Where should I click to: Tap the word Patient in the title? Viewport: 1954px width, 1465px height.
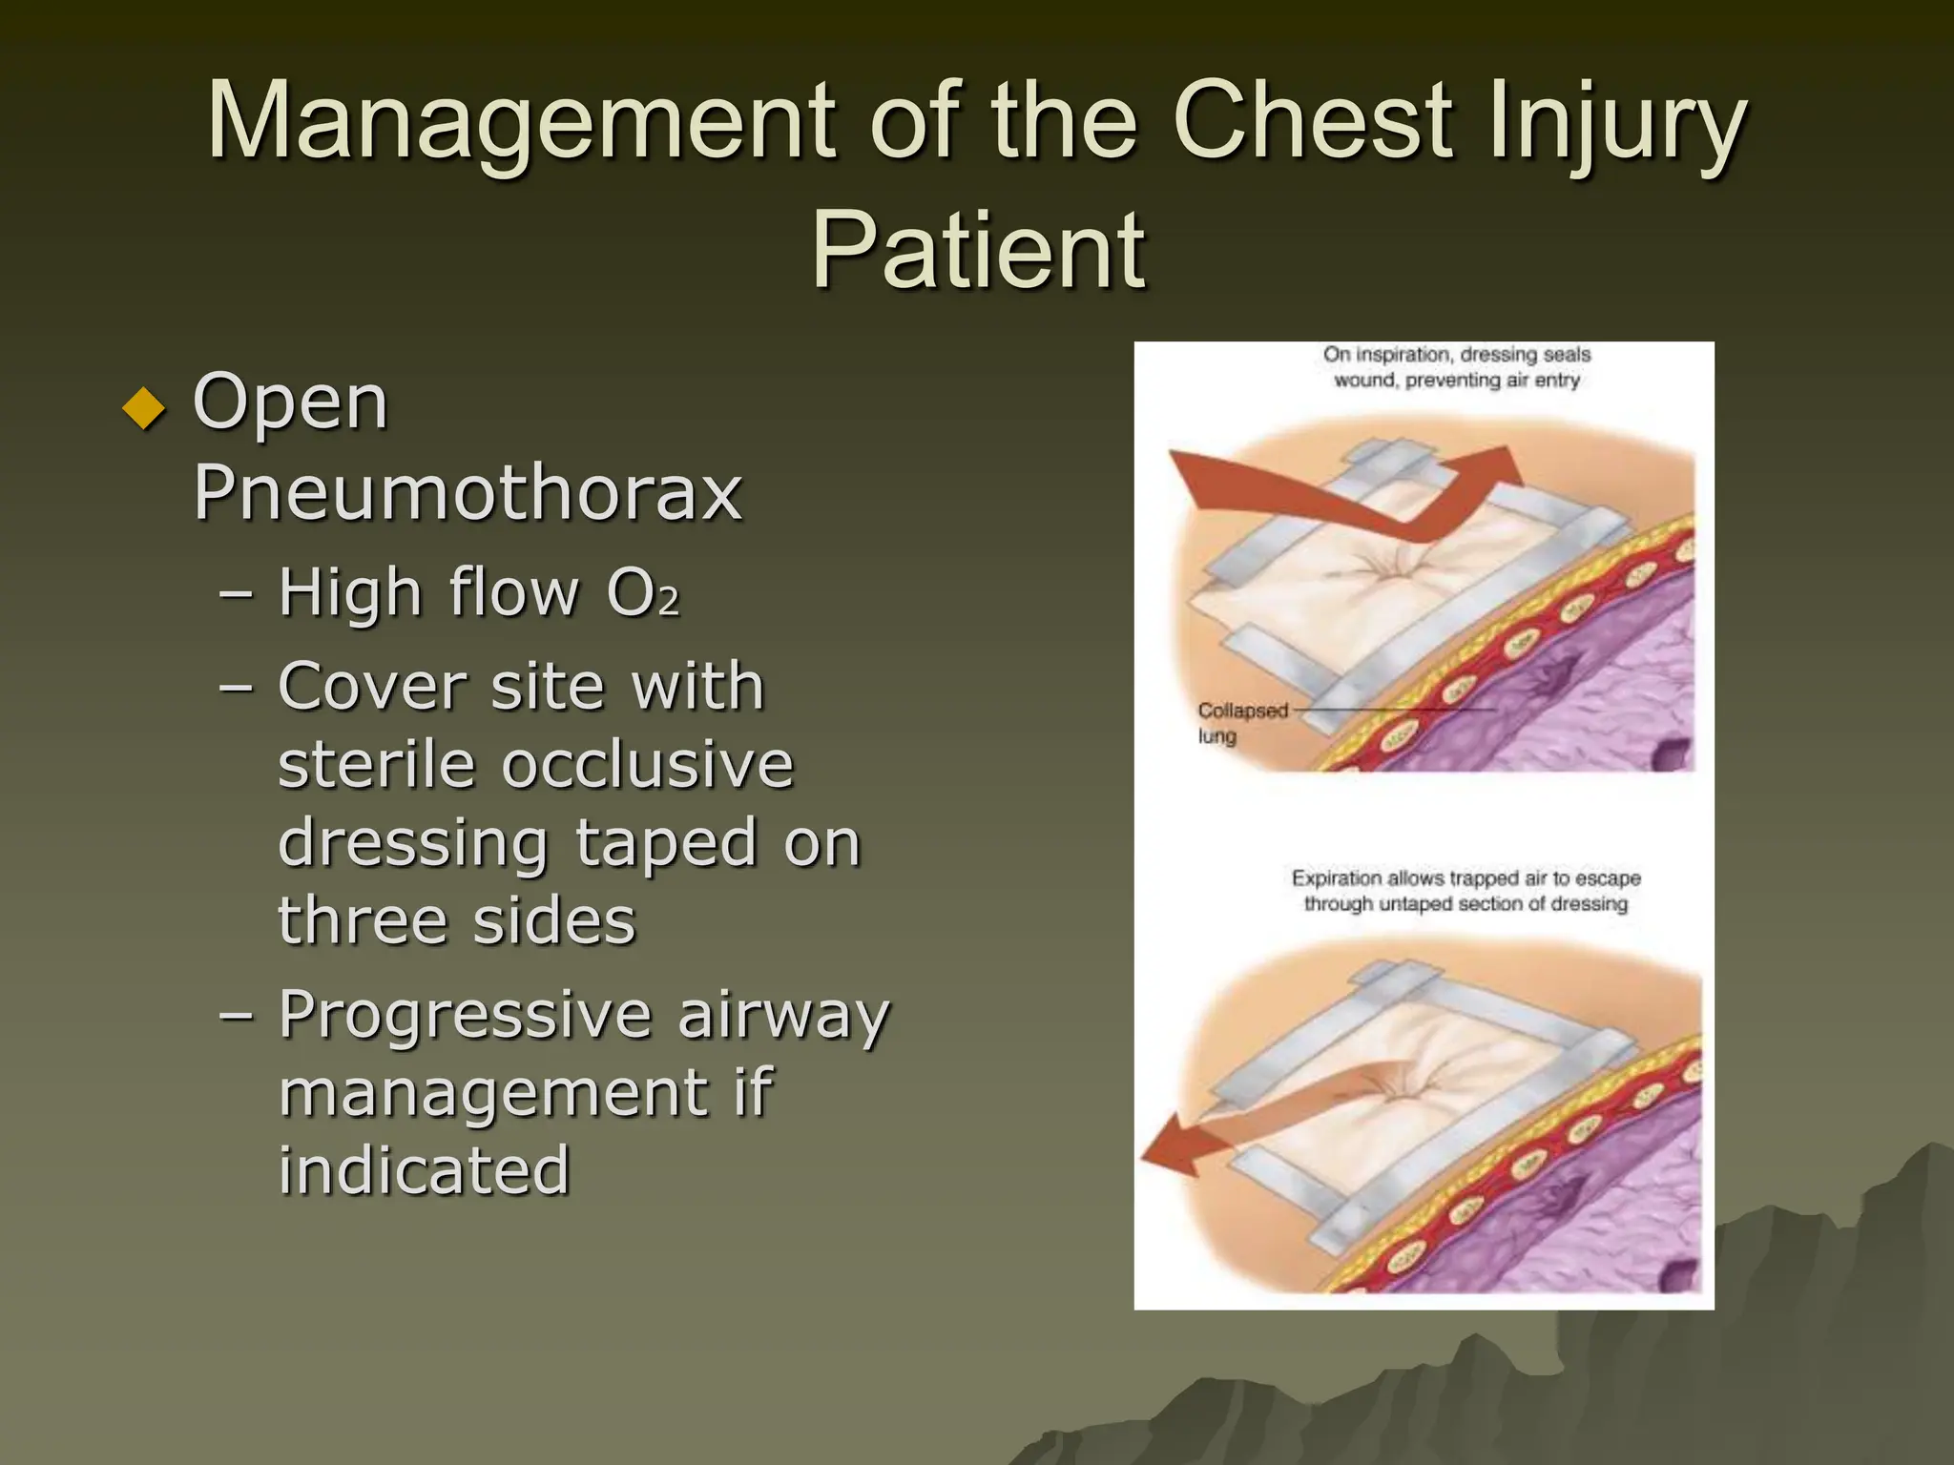tap(978, 250)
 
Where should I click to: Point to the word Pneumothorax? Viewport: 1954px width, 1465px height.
tap(468, 492)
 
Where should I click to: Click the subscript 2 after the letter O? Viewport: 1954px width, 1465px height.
tap(669, 602)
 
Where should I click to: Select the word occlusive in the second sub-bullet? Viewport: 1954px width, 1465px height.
tap(648, 765)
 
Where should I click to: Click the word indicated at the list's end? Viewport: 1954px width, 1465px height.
tap(425, 1171)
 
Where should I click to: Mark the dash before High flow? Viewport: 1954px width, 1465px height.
tap(236, 593)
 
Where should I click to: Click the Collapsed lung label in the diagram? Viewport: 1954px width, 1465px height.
tap(1240, 723)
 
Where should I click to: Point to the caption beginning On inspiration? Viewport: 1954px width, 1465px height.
tap(1456, 367)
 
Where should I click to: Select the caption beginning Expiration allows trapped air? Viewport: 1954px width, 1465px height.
tap(1465, 890)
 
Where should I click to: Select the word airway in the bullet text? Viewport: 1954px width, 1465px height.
tap(782, 1015)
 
